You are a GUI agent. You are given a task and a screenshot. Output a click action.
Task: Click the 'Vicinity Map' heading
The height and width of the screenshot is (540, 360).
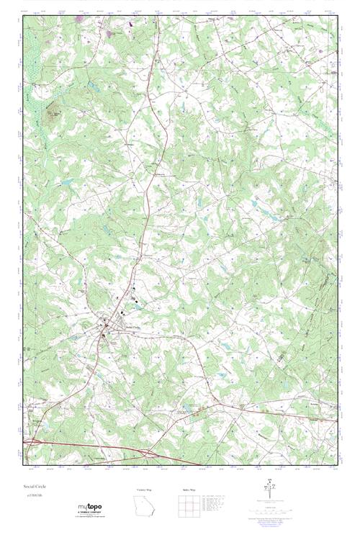144,490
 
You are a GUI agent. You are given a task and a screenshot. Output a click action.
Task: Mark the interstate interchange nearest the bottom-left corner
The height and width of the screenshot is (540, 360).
31,441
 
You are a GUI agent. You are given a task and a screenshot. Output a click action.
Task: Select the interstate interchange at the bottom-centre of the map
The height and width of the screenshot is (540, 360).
148,454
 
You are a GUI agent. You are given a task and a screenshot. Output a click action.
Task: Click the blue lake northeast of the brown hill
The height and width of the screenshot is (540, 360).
94,86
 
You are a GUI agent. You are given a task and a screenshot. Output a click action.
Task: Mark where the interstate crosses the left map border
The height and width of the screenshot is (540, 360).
23,441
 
